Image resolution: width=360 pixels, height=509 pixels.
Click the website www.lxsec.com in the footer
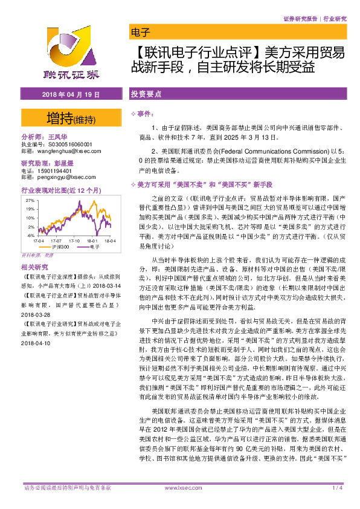(179, 487)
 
